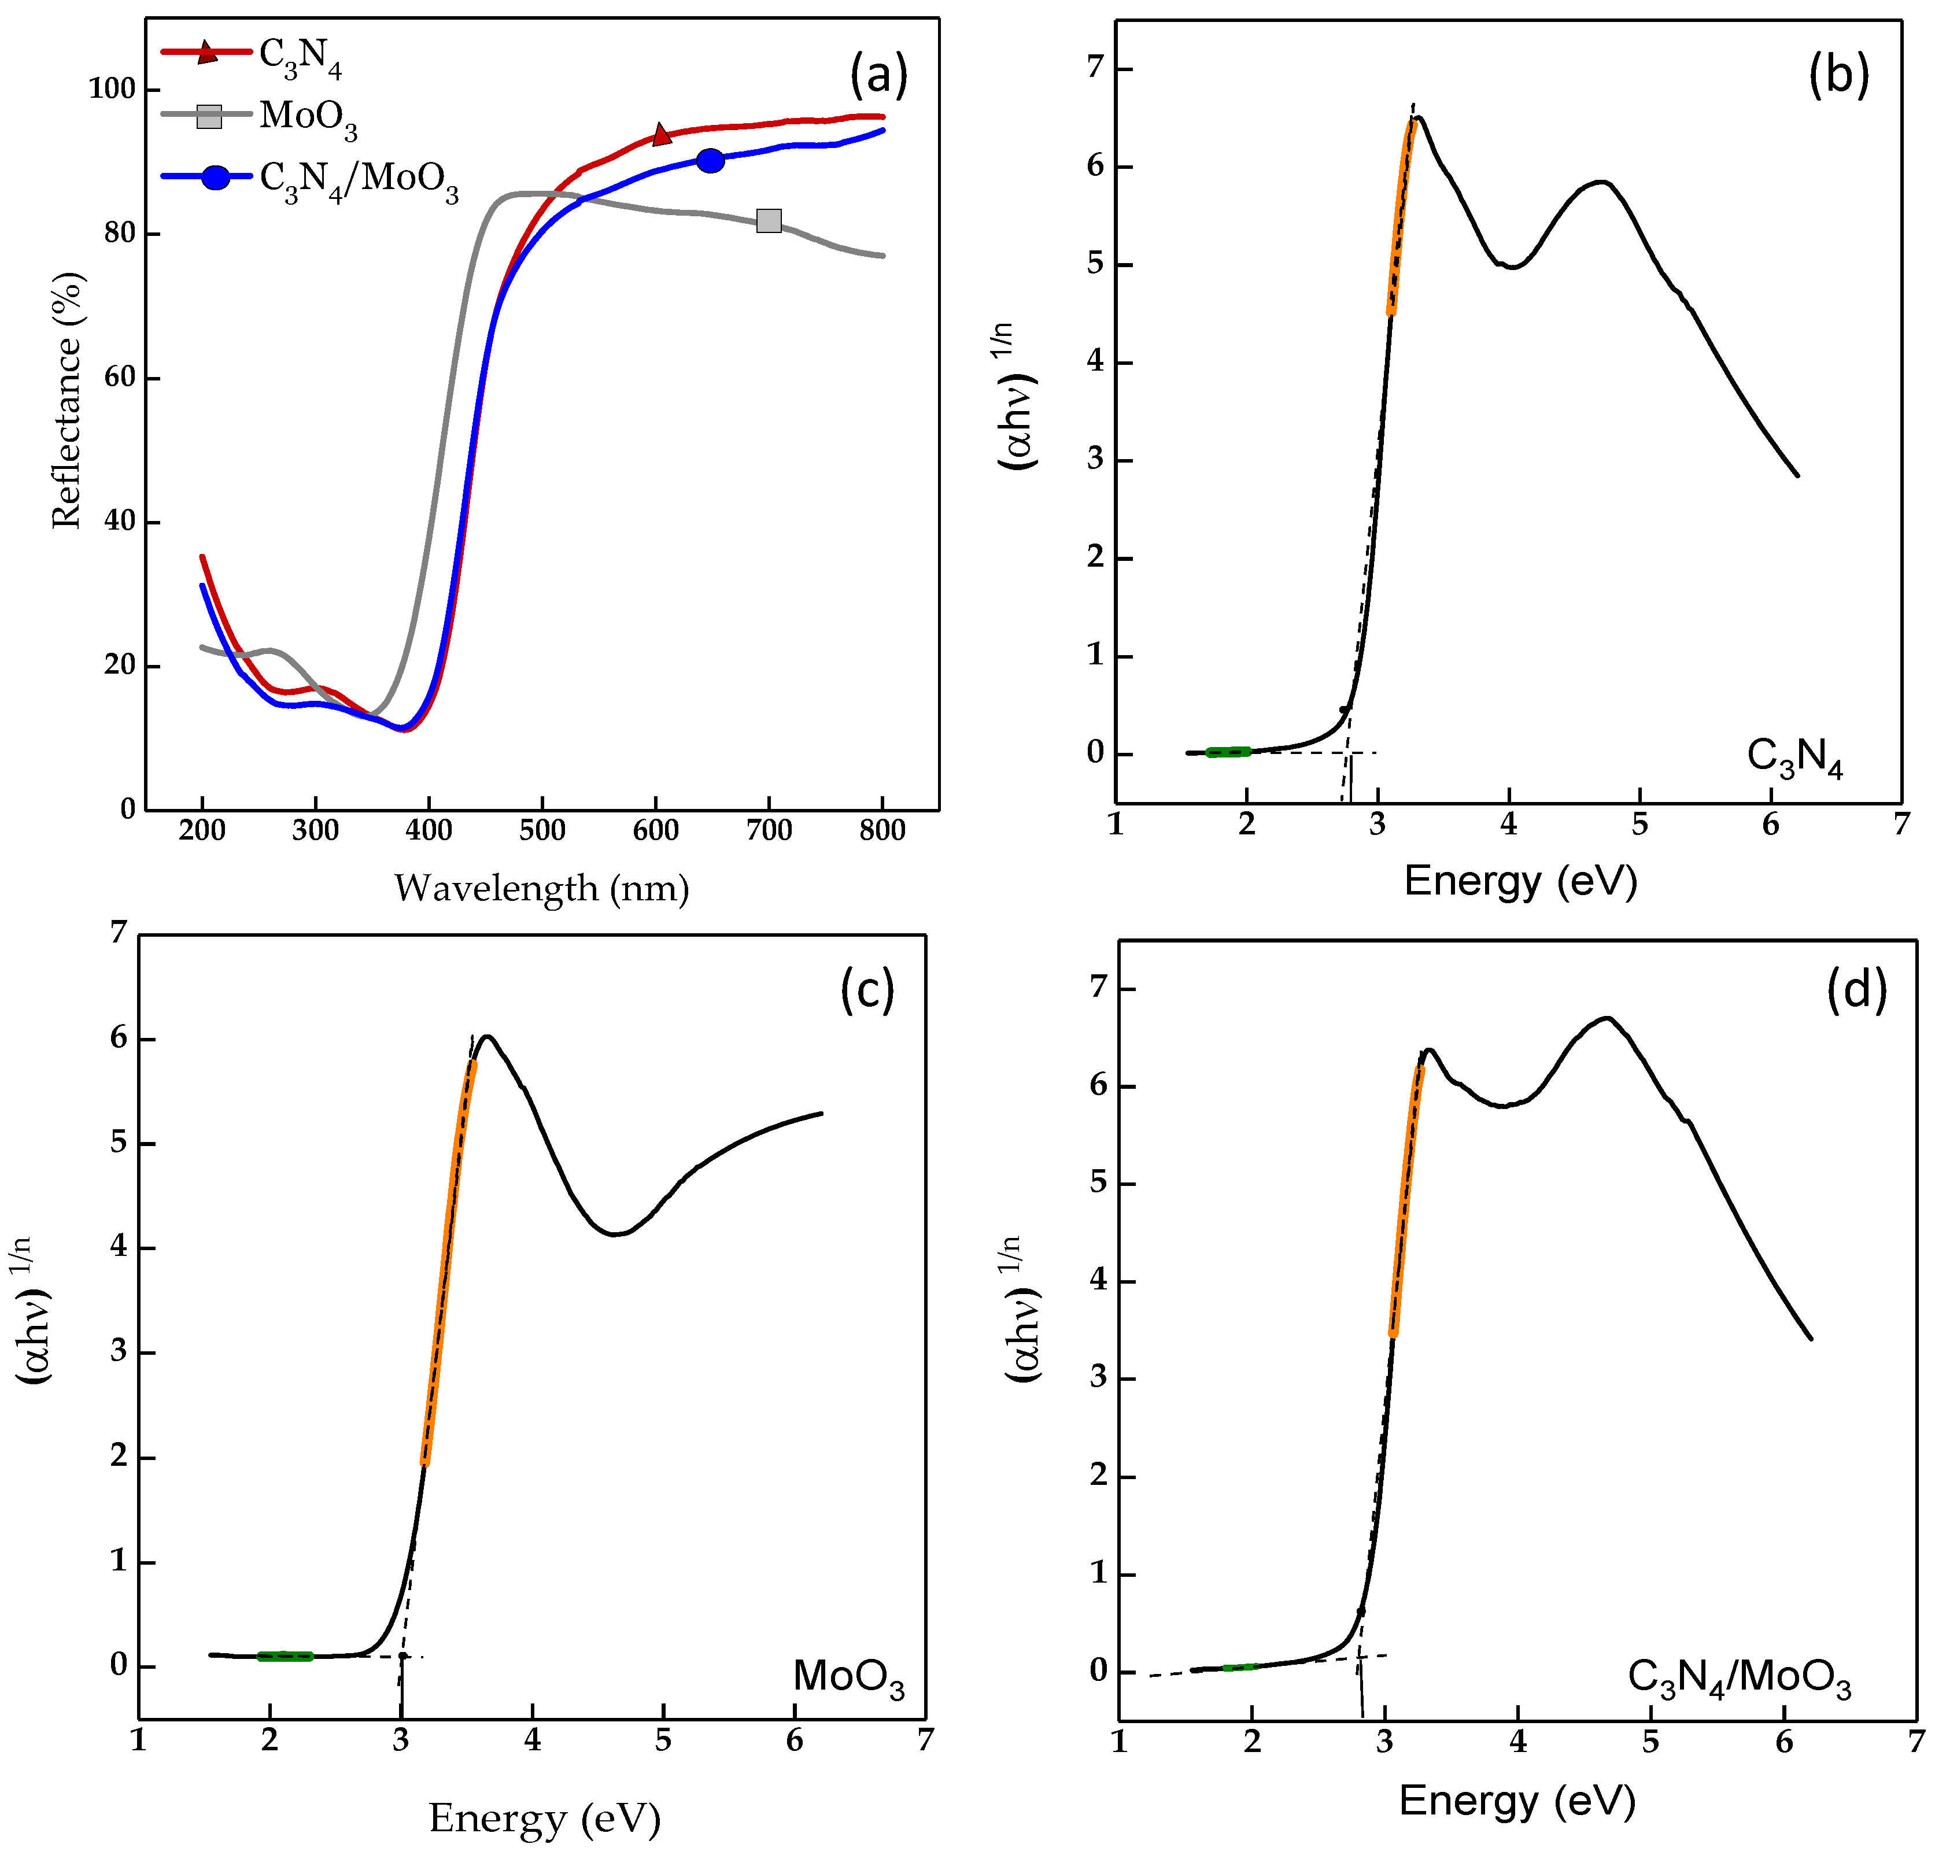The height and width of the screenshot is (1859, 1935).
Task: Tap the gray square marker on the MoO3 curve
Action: pyautogui.click(x=768, y=221)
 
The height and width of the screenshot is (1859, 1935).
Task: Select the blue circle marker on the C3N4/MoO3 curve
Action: pyautogui.click(x=710, y=161)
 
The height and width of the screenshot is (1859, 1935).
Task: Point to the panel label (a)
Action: pyautogui.click(x=878, y=75)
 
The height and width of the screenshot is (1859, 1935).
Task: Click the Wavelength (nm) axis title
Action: pyautogui.click(x=541, y=889)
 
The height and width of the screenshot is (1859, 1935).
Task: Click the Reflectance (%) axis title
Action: pyautogui.click(x=67, y=400)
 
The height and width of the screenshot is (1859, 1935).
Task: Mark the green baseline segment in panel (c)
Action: pyautogui.click(x=285, y=1655)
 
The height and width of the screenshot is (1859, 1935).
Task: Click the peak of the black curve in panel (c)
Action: pyautogui.click(x=487, y=1037)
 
